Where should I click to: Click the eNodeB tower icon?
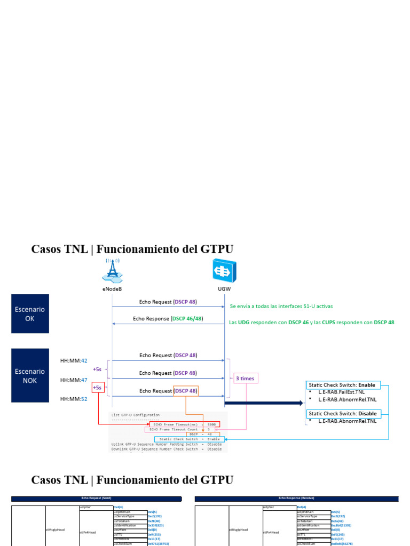click(112, 270)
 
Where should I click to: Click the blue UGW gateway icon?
click(224, 270)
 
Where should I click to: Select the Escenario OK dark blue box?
click(30, 314)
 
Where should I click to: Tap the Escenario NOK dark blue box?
click(30, 375)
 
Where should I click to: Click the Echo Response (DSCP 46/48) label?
click(168, 319)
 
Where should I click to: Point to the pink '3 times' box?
click(245, 379)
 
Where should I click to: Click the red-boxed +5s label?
click(98, 388)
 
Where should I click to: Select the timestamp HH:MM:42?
click(74, 361)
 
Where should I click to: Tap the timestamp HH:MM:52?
click(74, 399)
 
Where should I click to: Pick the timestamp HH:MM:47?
click(74, 380)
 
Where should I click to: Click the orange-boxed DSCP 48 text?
click(186, 391)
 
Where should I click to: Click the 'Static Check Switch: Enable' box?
click(343, 385)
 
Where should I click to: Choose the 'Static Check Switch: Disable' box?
click(343, 414)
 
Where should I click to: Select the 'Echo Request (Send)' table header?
click(97, 499)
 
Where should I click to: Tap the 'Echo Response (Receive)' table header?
click(296, 499)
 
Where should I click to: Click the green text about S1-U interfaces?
click(281, 307)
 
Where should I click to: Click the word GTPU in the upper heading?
click(216, 249)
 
